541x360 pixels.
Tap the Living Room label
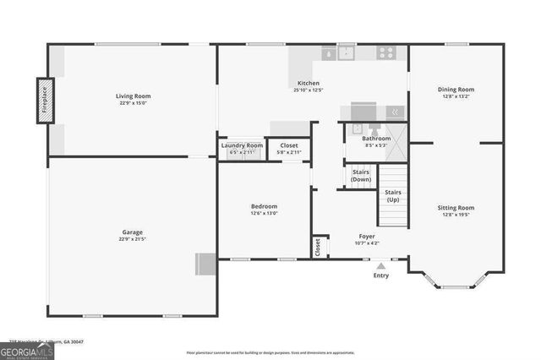tap(132, 96)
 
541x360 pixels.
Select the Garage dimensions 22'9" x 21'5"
tap(132, 239)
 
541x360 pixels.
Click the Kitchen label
tap(308, 83)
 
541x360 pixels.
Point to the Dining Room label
tap(456, 90)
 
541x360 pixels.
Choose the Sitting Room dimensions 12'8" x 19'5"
tap(456, 215)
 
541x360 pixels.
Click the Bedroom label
tap(264, 206)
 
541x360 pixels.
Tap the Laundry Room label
tap(242, 145)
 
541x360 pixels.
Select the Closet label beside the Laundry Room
tap(288, 145)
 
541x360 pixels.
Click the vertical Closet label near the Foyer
tap(318, 247)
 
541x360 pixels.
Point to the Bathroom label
tap(377, 139)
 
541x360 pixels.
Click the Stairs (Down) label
tap(361, 176)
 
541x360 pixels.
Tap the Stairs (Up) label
tap(393, 196)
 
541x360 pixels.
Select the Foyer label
tap(367, 237)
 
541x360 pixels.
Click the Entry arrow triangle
tap(381, 265)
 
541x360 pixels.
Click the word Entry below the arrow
tap(381, 275)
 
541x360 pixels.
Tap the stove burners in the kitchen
tap(386, 52)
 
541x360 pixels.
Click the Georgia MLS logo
tap(26, 351)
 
